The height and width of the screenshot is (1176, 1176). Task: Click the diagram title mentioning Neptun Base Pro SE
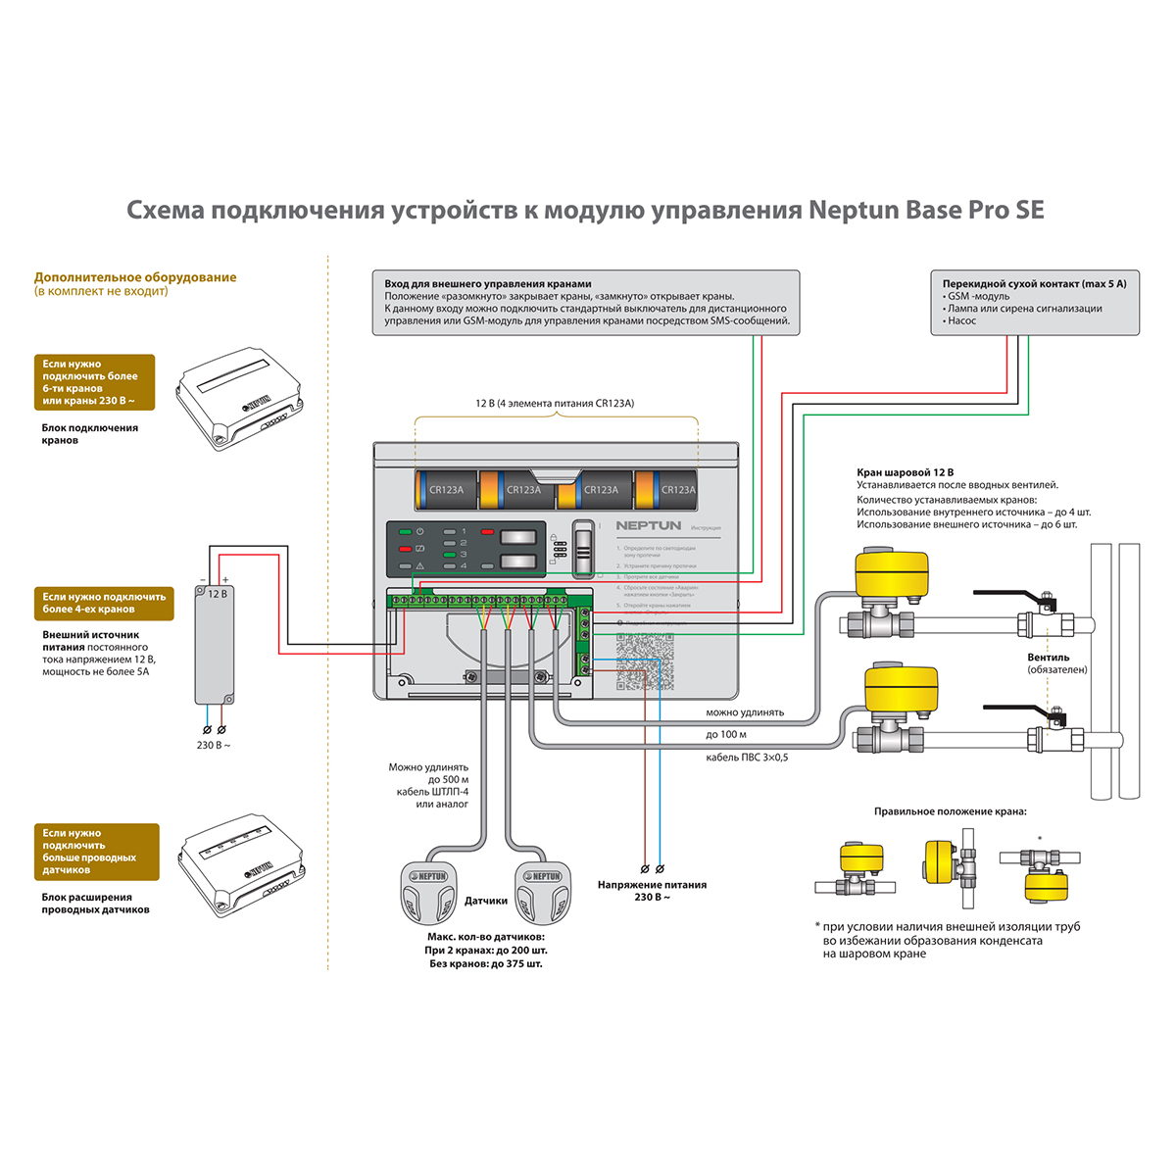[x=585, y=211]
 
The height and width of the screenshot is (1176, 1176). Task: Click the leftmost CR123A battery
[x=446, y=490]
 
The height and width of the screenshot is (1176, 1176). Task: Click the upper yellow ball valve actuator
[x=891, y=572]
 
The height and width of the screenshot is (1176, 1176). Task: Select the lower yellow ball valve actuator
[x=901, y=688]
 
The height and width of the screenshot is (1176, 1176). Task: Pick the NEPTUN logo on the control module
[x=648, y=526]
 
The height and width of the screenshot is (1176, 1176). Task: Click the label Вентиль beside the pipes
[x=1048, y=658]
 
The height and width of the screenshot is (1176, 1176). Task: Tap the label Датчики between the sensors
[x=486, y=901]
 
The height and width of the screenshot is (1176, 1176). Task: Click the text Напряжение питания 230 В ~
[x=652, y=891]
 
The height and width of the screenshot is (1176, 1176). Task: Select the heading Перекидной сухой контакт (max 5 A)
[x=1034, y=284]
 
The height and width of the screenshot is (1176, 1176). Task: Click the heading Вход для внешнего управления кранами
[x=488, y=284]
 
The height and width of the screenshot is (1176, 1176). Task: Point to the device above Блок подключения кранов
[x=238, y=402]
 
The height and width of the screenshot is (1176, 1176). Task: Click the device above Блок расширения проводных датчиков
[x=239, y=864]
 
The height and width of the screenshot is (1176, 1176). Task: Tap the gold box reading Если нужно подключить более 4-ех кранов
[x=104, y=603]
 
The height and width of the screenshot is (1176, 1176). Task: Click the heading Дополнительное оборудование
[x=135, y=277]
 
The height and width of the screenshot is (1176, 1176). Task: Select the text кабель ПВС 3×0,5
[x=747, y=758]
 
